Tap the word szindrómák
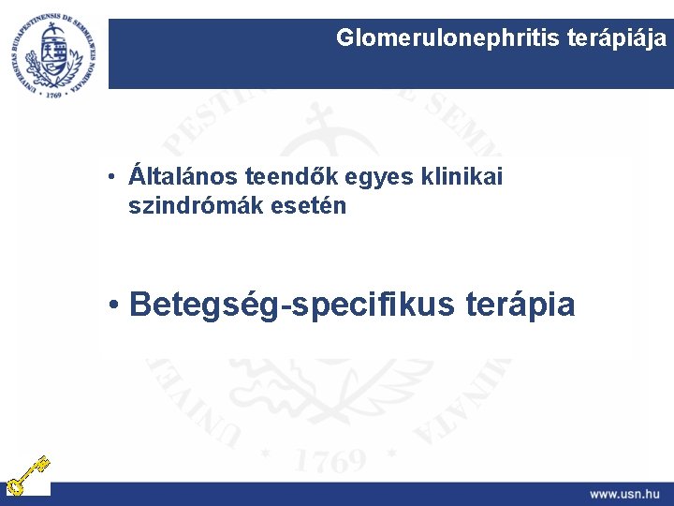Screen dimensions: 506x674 pyautogui.click(x=190, y=205)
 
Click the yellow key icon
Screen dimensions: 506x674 pyautogui.click(x=25, y=474)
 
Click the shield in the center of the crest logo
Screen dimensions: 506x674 pyautogui.click(x=52, y=53)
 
